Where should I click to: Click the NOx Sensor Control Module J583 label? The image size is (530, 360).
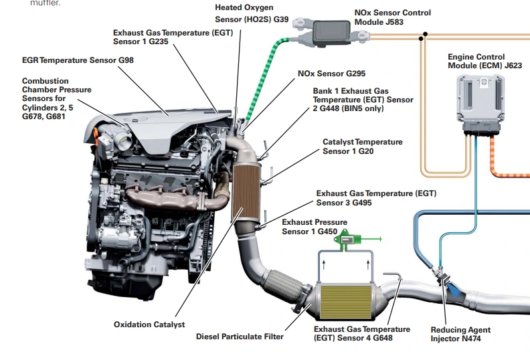click(x=392, y=17)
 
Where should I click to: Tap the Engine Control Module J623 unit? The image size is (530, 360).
click(x=480, y=102)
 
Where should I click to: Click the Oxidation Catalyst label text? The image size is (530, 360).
click(x=149, y=325)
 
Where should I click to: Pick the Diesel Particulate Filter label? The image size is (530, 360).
click(x=240, y=337)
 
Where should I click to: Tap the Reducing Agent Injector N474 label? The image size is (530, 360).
click(x=460, y=334)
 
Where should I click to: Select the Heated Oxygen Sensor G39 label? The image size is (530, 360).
click(x=252, y=13)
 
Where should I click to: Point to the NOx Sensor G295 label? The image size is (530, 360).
click(x=331, y=73)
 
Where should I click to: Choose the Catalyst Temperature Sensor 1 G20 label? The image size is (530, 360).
click(x=362, y=147)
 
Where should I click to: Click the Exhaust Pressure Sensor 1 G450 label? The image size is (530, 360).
click(x=315, y=227)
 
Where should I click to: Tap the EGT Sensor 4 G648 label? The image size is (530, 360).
click(x=361, y=334)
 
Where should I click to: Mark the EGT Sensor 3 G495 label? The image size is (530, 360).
click(x=375, y=198)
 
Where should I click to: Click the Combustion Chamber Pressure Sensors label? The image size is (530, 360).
click(x=56, y=98)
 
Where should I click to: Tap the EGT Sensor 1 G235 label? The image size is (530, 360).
click(x=173, y=37)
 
